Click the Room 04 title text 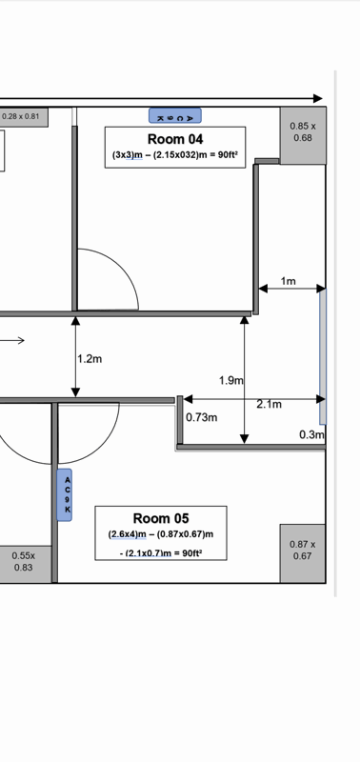tap(175, 139)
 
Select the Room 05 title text tap(161, 518)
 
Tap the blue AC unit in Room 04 tap(175, 115)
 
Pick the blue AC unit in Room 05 tap(65, 494)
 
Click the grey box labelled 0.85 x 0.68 tap(303, 135)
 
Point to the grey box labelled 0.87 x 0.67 tap(302, 553)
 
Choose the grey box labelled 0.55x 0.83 tap(26, 564)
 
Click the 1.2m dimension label tap(90, 359)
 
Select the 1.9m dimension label tap(231, 380)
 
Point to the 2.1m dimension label tap(270, 404)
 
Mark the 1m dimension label tap(289, 281)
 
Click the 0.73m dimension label tap(202, 417)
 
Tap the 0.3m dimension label tap(311, 434)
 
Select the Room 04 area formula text tap(175, 156)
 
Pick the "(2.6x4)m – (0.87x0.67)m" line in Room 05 tap(161, 534)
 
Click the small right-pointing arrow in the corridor tap(12, 341)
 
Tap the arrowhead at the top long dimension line tap(318, 99)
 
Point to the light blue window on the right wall tap(323, 356)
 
